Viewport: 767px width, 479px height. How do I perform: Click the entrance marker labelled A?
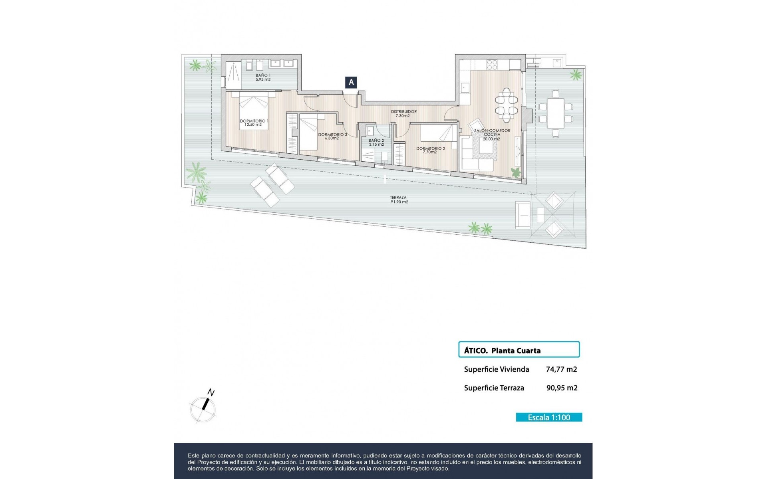click(x=351, y=82)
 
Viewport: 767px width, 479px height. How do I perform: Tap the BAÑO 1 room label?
click(x=263, y=77)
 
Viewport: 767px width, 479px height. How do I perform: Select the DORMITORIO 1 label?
click(x=254, y=123)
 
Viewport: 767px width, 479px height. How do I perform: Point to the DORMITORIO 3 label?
click(x=332, y=137)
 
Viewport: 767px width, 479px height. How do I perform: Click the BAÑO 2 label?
click(x=376, y=142)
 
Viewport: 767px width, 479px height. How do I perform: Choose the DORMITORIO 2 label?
click(x=430, y=150)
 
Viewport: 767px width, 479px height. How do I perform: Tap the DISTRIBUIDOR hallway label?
click(x=403, y=114)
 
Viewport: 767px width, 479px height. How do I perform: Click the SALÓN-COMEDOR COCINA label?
click(x=492, y=135)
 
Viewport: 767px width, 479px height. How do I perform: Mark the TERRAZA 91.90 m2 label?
click(x=399, y=200)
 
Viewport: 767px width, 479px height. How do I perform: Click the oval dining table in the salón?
click(x=506, y=105)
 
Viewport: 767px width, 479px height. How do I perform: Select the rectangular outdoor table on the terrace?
click(x=555, y=113)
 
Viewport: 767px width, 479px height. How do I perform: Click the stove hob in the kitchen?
click(x=492, y=64)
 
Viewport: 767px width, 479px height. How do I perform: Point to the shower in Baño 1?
click(x=233, y=75)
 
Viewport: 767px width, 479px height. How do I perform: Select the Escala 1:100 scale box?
click(x=549, y=417)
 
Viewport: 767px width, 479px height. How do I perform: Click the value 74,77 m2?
click(x=561, y=369)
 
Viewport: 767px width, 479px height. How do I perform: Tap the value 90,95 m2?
click(x=562, y=388)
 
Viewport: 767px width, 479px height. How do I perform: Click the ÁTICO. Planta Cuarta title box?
click(x=519, y=350)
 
